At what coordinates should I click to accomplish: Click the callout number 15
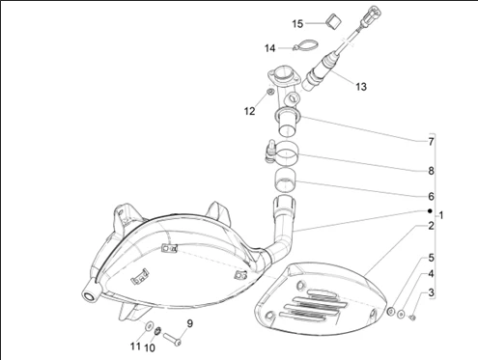point(297,24)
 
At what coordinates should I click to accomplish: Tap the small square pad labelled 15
point(333,21)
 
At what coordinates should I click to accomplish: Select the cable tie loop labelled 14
point(305,44)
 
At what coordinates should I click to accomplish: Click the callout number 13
point(361,87)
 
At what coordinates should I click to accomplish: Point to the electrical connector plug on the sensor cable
point(372,14)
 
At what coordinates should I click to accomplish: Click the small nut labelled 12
point(269,93)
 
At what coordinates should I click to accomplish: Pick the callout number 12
point(249,111)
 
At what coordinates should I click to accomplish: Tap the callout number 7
point(431,142)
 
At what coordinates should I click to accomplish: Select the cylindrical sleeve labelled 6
point(285,180)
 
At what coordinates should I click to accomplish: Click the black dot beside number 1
point(430,211)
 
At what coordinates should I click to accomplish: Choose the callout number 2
point(431,226)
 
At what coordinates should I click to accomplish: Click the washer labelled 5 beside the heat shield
point(391,311)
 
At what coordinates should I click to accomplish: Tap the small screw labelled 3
point(411,318)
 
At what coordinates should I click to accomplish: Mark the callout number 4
point(431,274)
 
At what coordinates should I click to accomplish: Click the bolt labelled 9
point(172,339)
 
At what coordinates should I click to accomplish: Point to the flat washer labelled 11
point(149,326)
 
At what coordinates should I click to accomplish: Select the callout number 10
point(150,347)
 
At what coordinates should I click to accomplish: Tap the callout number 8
point(431,171)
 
